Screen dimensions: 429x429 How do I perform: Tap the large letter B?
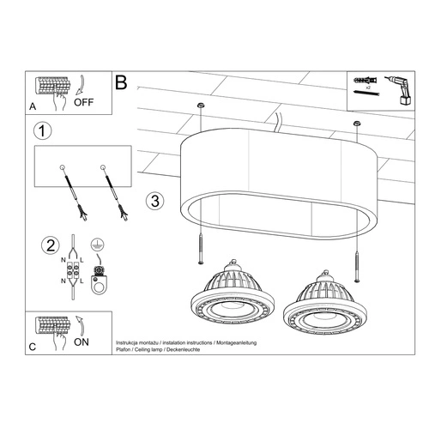coord(121,83)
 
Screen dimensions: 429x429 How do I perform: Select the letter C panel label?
coord(32,347)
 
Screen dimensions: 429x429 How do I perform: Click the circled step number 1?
coord(37,132)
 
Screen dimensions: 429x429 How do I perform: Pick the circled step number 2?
coord(37,245)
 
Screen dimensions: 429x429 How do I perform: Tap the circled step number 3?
coord(154,202)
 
